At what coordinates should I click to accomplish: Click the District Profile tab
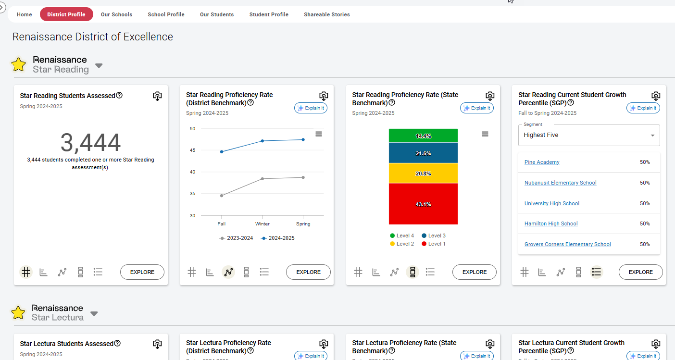[x=66, y=14]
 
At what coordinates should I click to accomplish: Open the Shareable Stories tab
[x=326, y=14]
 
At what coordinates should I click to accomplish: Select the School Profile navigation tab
[x=166, y=14]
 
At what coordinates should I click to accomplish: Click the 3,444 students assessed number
[x=90, y=142]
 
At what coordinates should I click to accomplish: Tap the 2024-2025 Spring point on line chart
[x=303, y=140]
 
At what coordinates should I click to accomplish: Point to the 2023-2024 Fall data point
[x=222, y=196]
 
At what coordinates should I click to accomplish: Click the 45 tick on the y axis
[x=193, y=150]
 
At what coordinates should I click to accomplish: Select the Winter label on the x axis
[x=262, y=224]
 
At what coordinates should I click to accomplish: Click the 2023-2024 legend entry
[x=236, y=238]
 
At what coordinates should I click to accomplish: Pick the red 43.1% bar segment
[x=423, y=204]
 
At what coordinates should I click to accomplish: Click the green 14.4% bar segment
[x=423, y=136]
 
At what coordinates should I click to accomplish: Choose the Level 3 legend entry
[x=434, y=236]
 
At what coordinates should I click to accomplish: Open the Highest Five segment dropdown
[x=589, y=135]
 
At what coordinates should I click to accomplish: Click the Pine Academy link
[x=542, y=162]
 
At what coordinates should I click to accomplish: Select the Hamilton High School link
[x=551, y=223]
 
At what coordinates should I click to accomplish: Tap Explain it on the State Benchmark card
[x=477, y=108]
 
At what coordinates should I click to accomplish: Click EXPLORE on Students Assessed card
[x=142, y=272]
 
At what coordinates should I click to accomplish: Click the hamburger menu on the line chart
[x=319, y=134]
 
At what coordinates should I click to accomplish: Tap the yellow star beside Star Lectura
[x=18, y=313]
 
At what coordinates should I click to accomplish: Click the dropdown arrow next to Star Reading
[x=99, y=66]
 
